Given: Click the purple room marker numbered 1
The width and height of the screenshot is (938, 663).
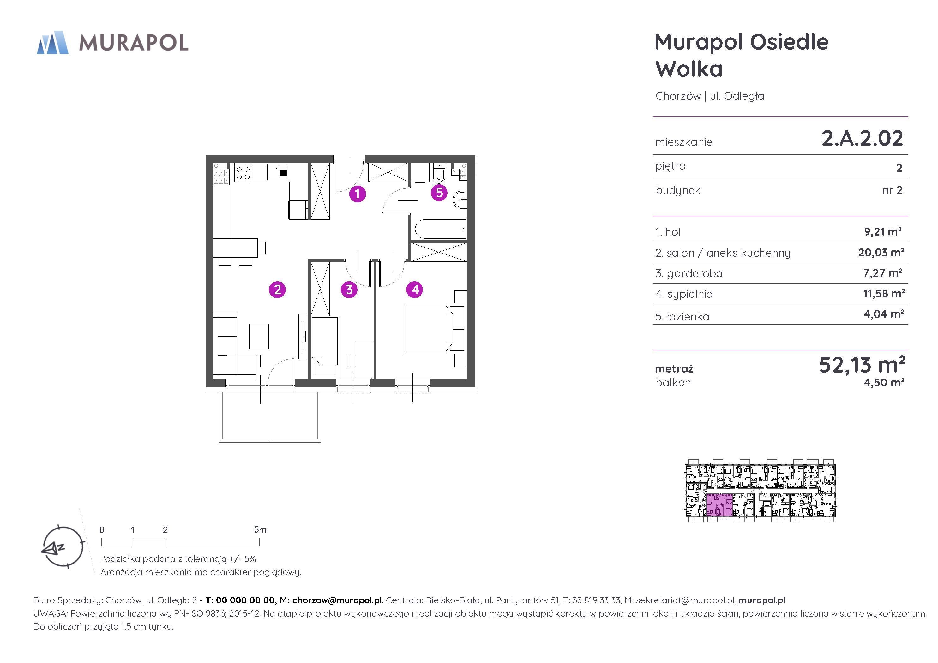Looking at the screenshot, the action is pyautogui.click(x=358, y=194).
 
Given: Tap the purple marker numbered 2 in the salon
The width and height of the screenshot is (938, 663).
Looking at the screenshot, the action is pyautogui.click(x=277, y=290).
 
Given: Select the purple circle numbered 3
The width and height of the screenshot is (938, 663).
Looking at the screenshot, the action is pyautogui.click(x=349, y=290).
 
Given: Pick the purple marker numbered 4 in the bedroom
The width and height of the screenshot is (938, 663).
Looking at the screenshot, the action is pyautogui.click(x=415, y=290).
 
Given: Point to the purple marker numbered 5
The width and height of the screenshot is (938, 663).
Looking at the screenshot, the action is pyautogui.click(x=440, y=192).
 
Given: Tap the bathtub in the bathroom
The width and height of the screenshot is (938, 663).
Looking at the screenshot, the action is pyautogui.click(x=440, y=229).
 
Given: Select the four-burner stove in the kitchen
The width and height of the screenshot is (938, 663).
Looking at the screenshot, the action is pyautogui.click(x=243, y=172).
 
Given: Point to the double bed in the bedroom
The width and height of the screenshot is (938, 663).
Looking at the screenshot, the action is pyautogui.click(x=435, y=328).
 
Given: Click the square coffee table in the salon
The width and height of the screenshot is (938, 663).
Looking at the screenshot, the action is pyautogui.click(x=259, y=336).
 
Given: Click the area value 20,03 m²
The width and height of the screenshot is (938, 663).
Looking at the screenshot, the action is pyautogui.click(x=881, y=253).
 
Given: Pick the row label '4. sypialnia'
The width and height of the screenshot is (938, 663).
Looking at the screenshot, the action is pyautogui.click(x=684, y=294).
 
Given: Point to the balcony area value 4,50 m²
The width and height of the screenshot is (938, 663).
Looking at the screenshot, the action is pyautogui.click(x=884, y=383).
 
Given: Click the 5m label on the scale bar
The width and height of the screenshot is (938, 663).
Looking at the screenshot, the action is pyautogui.click(x=260, y=530).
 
